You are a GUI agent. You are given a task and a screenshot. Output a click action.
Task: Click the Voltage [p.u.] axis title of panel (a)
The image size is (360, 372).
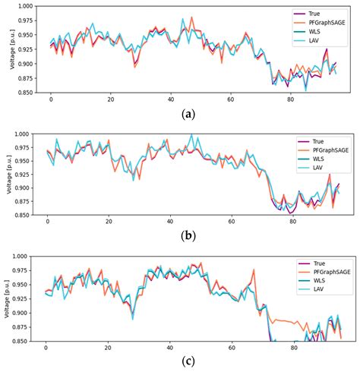[x=5, y=49]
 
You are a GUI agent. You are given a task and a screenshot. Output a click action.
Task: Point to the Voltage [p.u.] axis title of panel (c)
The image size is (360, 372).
[x=5, y=299]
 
